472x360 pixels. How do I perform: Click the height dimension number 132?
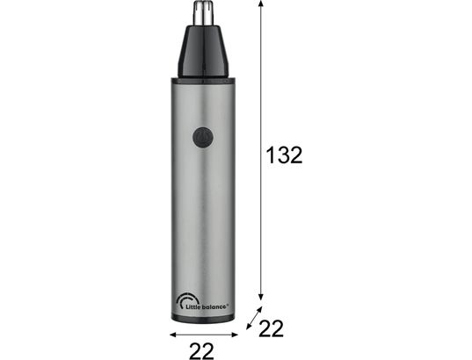[285, 155]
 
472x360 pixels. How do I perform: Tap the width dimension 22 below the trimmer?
[201, 350]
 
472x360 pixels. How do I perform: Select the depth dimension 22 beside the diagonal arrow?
[271, 328]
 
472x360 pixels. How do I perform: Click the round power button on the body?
[203, 137]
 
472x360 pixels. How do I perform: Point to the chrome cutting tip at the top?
[202, 13]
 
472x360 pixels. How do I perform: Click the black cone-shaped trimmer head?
[203, 51]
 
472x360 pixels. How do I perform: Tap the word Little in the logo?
[192, 306]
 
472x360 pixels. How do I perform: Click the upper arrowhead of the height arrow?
[261, 3]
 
